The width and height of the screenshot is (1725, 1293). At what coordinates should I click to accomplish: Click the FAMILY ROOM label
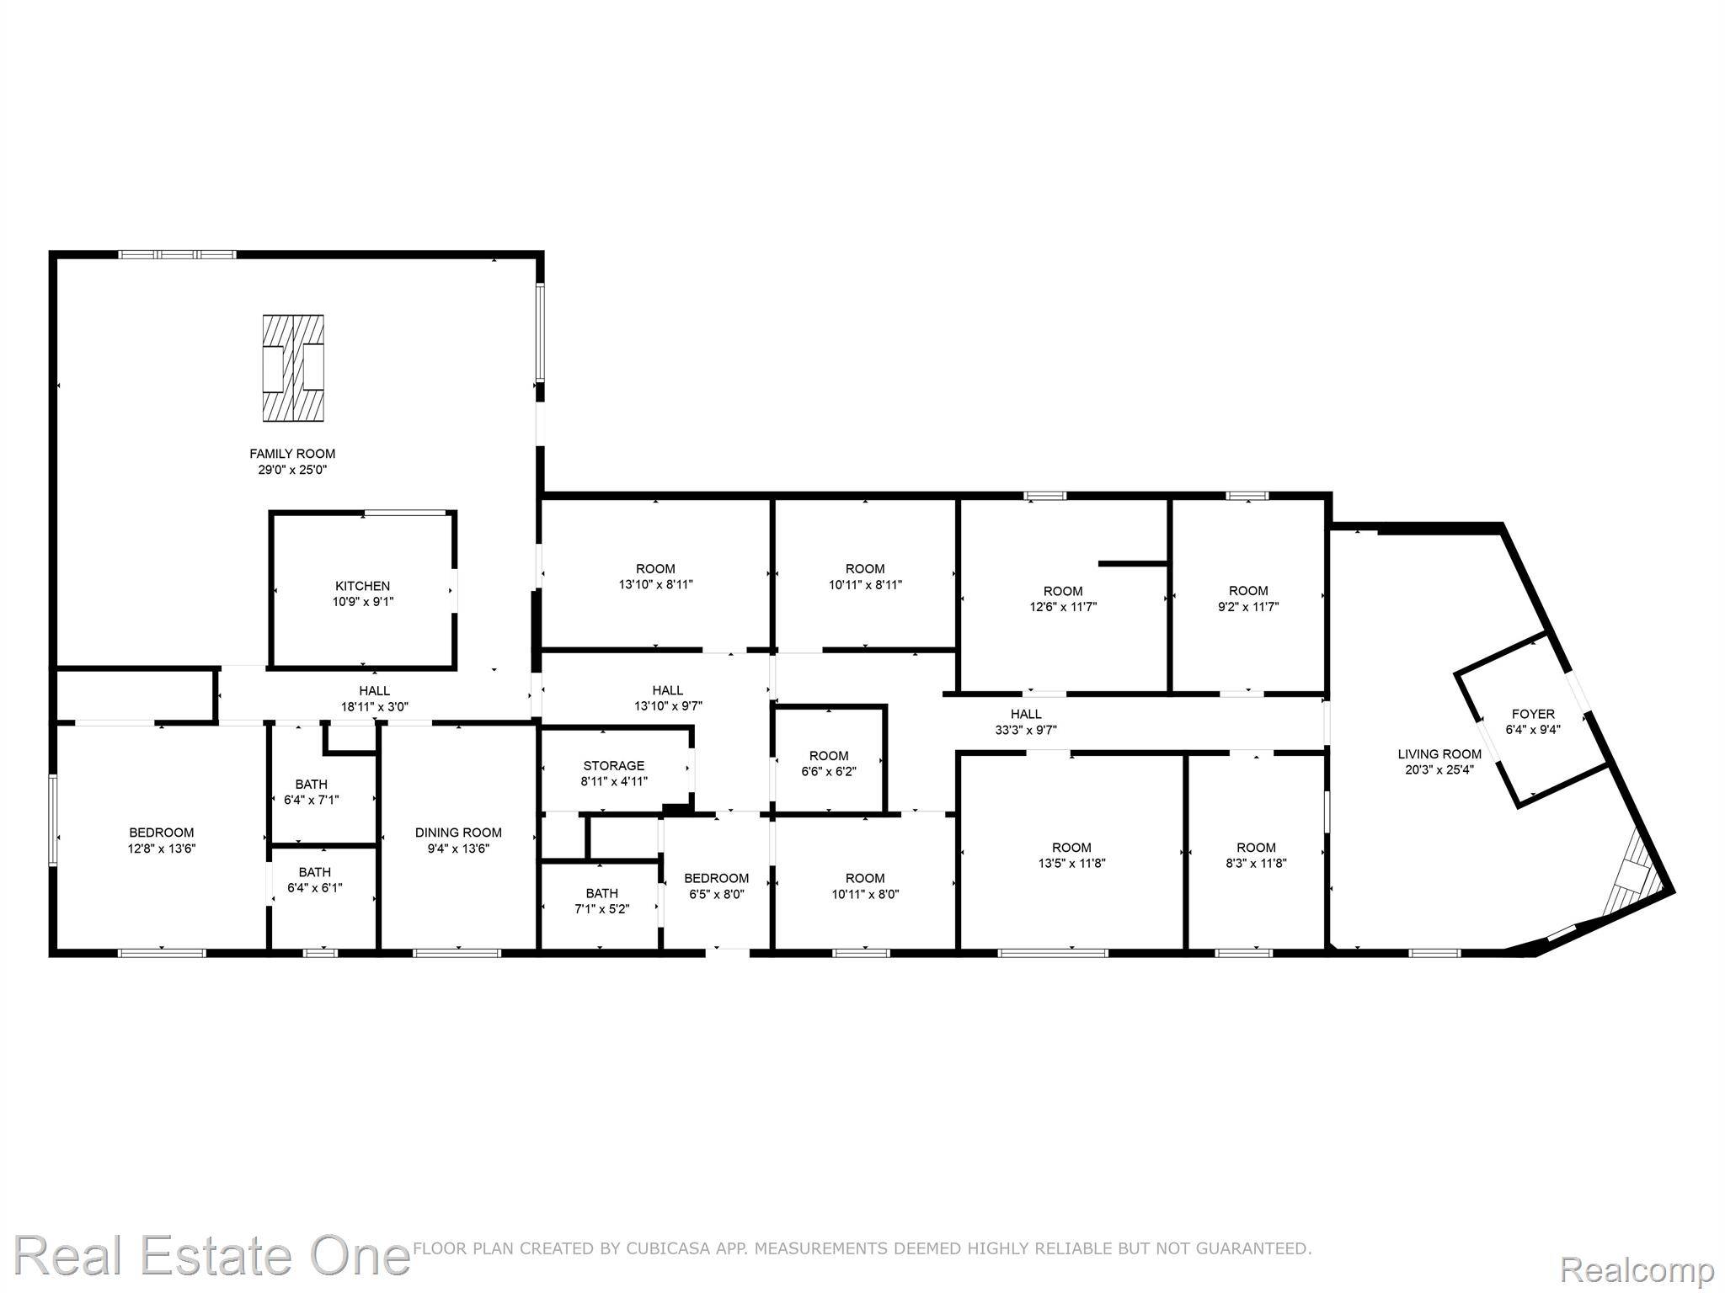tap(292, 454)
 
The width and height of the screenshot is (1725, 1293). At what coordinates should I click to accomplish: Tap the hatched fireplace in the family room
tap(293, 368)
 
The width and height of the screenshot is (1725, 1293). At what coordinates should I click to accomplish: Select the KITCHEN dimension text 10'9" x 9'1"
tap(362, 602)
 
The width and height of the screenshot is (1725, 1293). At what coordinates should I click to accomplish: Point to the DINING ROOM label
tap(458, 833)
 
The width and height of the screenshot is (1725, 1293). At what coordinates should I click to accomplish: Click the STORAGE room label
tap(614, 765)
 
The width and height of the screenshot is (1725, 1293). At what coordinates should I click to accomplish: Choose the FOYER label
tap(1533, 714)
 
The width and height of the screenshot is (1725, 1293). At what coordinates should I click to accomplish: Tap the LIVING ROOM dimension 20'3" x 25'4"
tap(1439, 769)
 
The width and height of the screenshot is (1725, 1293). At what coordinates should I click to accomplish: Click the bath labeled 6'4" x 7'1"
tap(312, 792)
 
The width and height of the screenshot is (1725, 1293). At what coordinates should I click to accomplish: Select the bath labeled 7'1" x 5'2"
tap(601, 901)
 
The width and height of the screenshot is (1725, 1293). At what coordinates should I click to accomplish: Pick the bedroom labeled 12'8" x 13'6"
tap(161, 840)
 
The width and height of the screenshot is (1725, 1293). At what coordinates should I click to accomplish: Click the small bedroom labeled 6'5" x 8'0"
tap(716, 886)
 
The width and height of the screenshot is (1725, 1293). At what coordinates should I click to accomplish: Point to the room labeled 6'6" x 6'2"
tap(829, 764)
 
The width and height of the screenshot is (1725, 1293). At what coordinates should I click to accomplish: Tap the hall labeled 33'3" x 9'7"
tap(1026, 722)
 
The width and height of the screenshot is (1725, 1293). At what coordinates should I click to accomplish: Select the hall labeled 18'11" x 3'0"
tap(375, 699)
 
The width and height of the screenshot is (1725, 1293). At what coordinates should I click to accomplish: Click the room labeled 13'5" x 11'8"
tap(1071, 855)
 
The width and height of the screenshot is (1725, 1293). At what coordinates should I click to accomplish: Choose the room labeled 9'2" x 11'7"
tap(1247, 599)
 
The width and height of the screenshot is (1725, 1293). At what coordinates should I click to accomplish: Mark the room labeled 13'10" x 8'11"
tap(655, 577)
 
